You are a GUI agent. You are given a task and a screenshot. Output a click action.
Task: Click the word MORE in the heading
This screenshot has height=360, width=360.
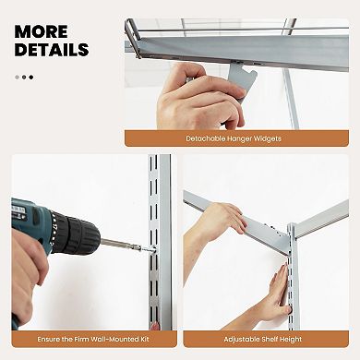click(41, 32)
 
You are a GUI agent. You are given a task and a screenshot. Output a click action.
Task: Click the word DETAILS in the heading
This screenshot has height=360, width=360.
click(52, 50)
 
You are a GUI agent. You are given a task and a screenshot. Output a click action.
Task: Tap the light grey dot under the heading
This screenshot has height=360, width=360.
click(16, 77)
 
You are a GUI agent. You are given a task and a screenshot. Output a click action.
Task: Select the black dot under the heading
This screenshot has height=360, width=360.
click(30, 77)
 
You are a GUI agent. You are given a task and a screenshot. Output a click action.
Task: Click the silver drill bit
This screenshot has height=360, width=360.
click(125, 245)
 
